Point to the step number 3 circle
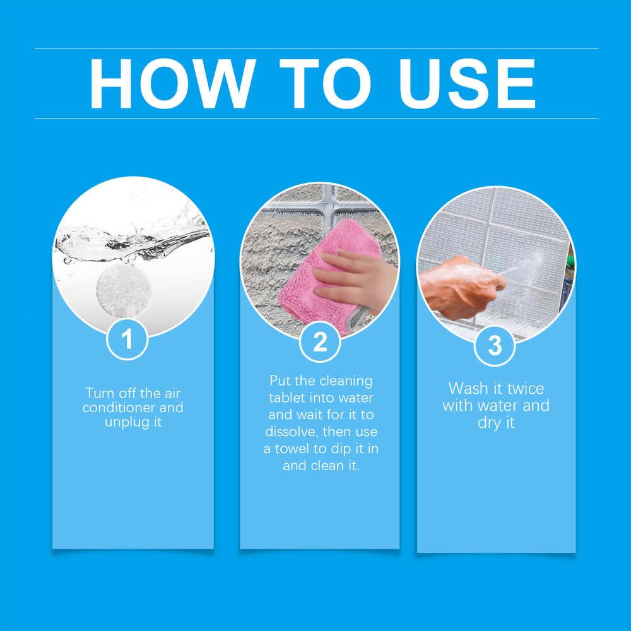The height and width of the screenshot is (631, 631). (x=495, y=345)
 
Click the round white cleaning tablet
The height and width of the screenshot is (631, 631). (x=124, y=290)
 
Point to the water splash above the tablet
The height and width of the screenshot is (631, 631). (x=133, y=240)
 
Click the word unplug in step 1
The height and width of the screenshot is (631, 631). (x=124, y=422)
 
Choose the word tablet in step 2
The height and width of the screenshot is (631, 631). (x=287, y=398)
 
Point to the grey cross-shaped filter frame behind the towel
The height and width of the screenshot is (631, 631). (x=327, y=203)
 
